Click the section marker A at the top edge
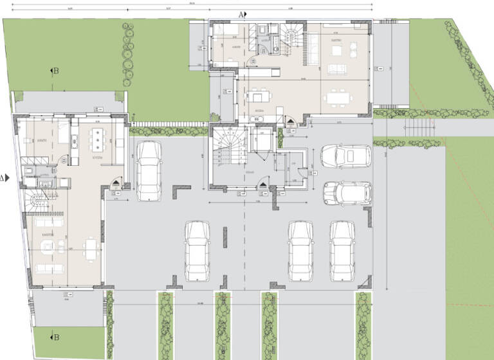click(242, 14)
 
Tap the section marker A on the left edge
click(5, 178)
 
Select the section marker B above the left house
click(54, 71)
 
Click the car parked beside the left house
click(149, 170)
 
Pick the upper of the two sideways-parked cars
click(346, 155)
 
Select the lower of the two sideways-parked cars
click(347, 192)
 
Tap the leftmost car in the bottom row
click(197, 251)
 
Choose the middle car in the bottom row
click(300, 251)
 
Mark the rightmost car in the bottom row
click(343, 251)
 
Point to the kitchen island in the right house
click(261, 96)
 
